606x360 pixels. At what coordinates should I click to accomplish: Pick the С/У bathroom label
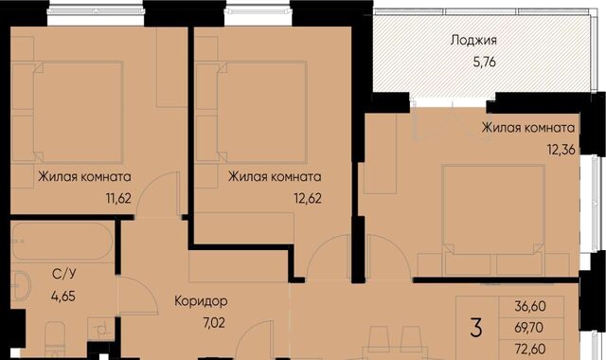(64, 275)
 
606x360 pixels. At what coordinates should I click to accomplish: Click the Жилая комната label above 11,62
(85, 176)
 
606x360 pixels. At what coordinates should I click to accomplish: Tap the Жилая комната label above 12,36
(528, 128)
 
